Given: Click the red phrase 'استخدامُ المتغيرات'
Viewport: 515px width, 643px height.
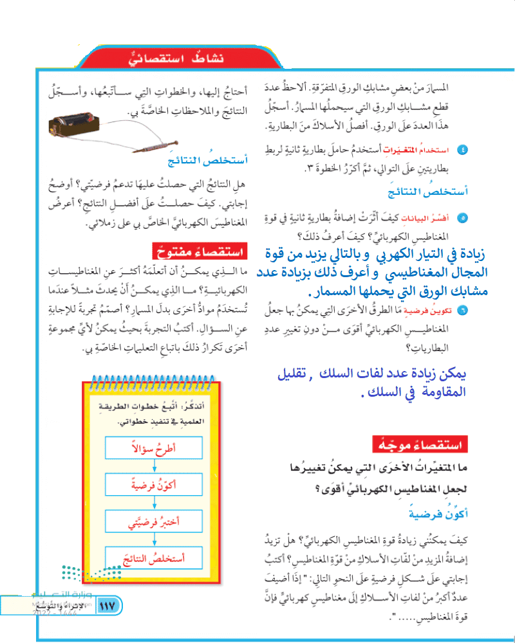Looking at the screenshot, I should coord(427,150).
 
